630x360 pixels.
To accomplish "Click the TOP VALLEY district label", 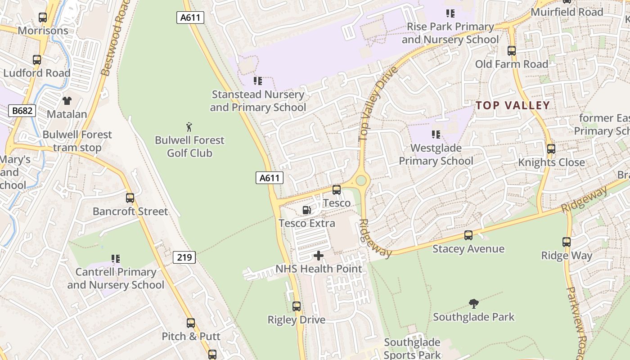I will [x=513, y=105].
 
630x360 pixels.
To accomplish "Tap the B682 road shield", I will [x=22, y=110].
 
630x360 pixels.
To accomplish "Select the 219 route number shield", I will [x=184, y=257].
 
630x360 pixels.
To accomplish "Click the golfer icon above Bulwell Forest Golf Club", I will [x=189, y=127].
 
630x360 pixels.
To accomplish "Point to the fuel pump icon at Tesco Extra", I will [x=306, y=210].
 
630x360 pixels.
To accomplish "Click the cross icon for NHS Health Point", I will [x=319, y=256].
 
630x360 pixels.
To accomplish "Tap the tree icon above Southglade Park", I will [x=473, y=304].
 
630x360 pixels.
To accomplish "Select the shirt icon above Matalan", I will [x=67, y=101].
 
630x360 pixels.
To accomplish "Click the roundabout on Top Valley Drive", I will [x=361, y=180].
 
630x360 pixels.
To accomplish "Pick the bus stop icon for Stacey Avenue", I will [x=468, y=235].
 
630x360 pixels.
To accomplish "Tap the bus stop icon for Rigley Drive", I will [x=297, y=306].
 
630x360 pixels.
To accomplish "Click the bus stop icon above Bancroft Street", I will [x=130, y=198].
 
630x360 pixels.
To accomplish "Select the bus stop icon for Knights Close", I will [x=551, y=149].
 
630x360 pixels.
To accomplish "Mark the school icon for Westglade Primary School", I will [x=436, y=135].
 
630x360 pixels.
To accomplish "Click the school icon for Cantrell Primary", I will [x=116, y=259].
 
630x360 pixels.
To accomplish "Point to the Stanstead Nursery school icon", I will [x=258, y=81].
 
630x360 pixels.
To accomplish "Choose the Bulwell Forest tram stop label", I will [x=77, y=141].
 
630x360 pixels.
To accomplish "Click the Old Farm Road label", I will [x=512, y=64].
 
